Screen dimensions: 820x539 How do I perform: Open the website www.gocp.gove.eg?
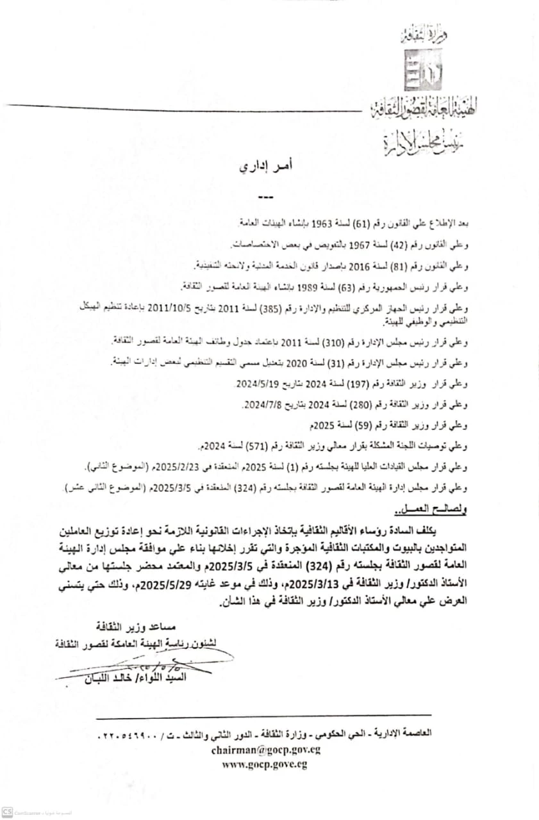[265, 764]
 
